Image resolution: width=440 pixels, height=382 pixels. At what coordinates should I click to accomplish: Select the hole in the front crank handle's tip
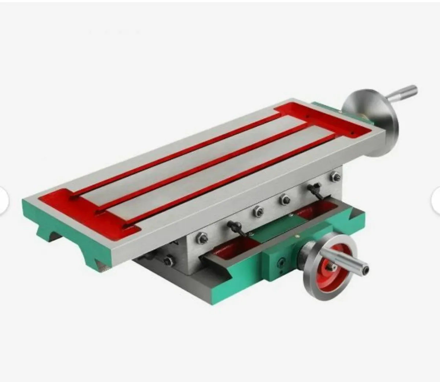(x=366, y=271)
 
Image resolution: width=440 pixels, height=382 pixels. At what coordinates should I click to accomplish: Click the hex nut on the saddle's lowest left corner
(x=168, y=261)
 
